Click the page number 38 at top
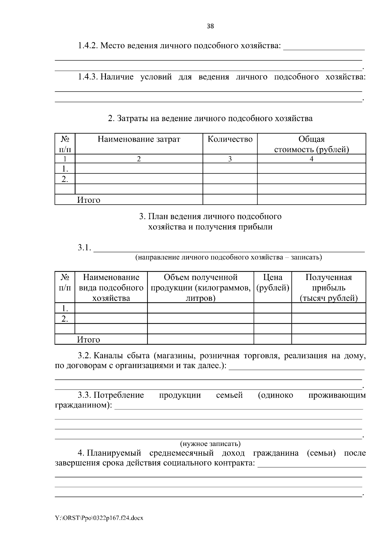tap(210, 26)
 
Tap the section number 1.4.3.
tap(87, 77)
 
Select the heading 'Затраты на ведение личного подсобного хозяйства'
tap(210, 119)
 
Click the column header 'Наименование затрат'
tap(139, 139)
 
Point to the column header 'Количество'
tap(230, 139)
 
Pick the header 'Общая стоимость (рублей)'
tap(311, 144)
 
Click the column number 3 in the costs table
tap(230, 159)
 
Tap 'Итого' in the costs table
tap(89, 200)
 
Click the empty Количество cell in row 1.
tap(230, 169)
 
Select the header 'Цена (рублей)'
tap(273, 282)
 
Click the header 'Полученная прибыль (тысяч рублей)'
tap(329, 287)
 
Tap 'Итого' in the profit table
tap(89, 340)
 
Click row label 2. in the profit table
tap(65, 319)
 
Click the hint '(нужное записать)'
tap(210, 444)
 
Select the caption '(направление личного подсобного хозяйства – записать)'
tap(228, 257)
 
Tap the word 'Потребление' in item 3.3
tap(119, 395)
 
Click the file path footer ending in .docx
tap(99, 518)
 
